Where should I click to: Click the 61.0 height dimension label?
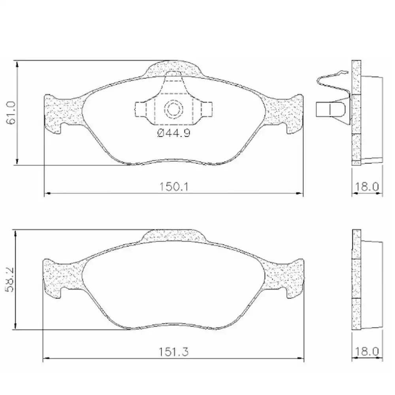click(11, 113)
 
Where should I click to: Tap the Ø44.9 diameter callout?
click(174, 134)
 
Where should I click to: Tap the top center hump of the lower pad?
click(174, 235)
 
